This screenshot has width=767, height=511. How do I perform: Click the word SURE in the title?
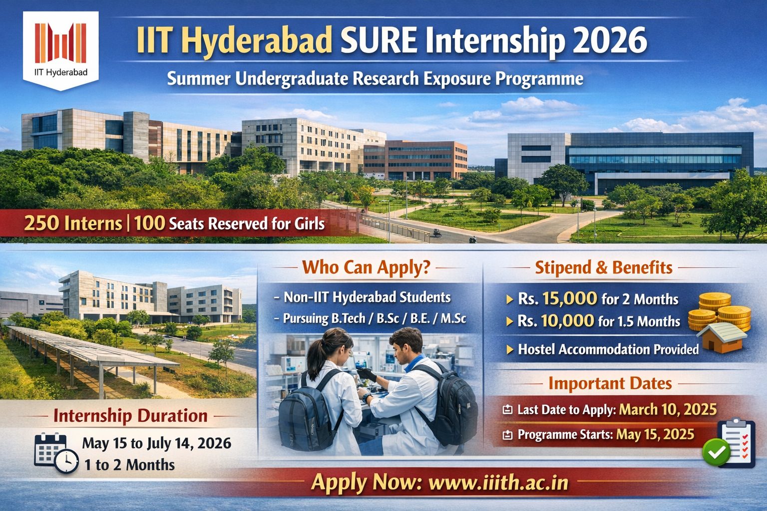point(379,41)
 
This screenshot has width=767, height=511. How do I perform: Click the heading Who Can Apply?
point(366,267)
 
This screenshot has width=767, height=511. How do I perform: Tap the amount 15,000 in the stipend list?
point(570,298)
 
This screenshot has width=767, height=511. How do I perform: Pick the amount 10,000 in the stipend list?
point(567,321)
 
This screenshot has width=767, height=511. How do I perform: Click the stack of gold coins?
point(719,311)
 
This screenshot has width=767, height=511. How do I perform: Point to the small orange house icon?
point(722,338)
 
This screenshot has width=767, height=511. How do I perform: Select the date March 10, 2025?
point(668,409)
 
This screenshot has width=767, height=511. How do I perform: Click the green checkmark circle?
point(716,452)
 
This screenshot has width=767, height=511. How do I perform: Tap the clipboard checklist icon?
point(736,443)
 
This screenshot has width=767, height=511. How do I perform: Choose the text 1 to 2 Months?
point(129,465)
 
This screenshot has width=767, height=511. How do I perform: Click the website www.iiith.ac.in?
point(498,483)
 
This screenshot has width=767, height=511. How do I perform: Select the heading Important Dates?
point(610,383)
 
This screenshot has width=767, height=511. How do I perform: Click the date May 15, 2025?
point(655,434)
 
